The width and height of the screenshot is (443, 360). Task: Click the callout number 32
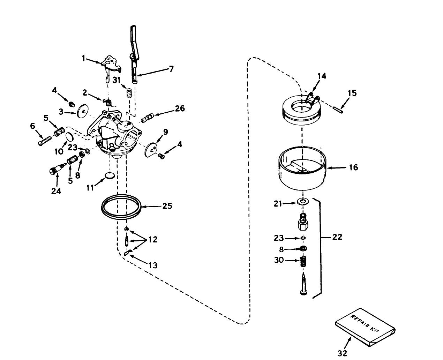pyautogui.click(x=343, y=353)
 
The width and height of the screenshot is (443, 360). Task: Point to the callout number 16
pyautogui.click(x=353, y=167)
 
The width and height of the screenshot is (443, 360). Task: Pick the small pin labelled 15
pyautogui.click(x=339, y=109)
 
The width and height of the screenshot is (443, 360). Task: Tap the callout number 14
pyautogui.click(x=322, y=76)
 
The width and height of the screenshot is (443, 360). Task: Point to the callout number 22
pyautogui.click(x=337, y=237)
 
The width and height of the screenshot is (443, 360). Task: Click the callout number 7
pyautogui.click(x=171, y=69)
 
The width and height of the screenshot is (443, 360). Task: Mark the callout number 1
pyautogui.click(x=84, y=58)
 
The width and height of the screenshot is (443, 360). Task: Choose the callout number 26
pyautogui.click(x=180, y=108)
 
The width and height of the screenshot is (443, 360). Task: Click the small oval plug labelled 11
pyautogui.click(x=110, y=174)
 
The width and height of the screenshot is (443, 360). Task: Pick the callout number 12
pyautogui.click(x=152, y=239)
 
